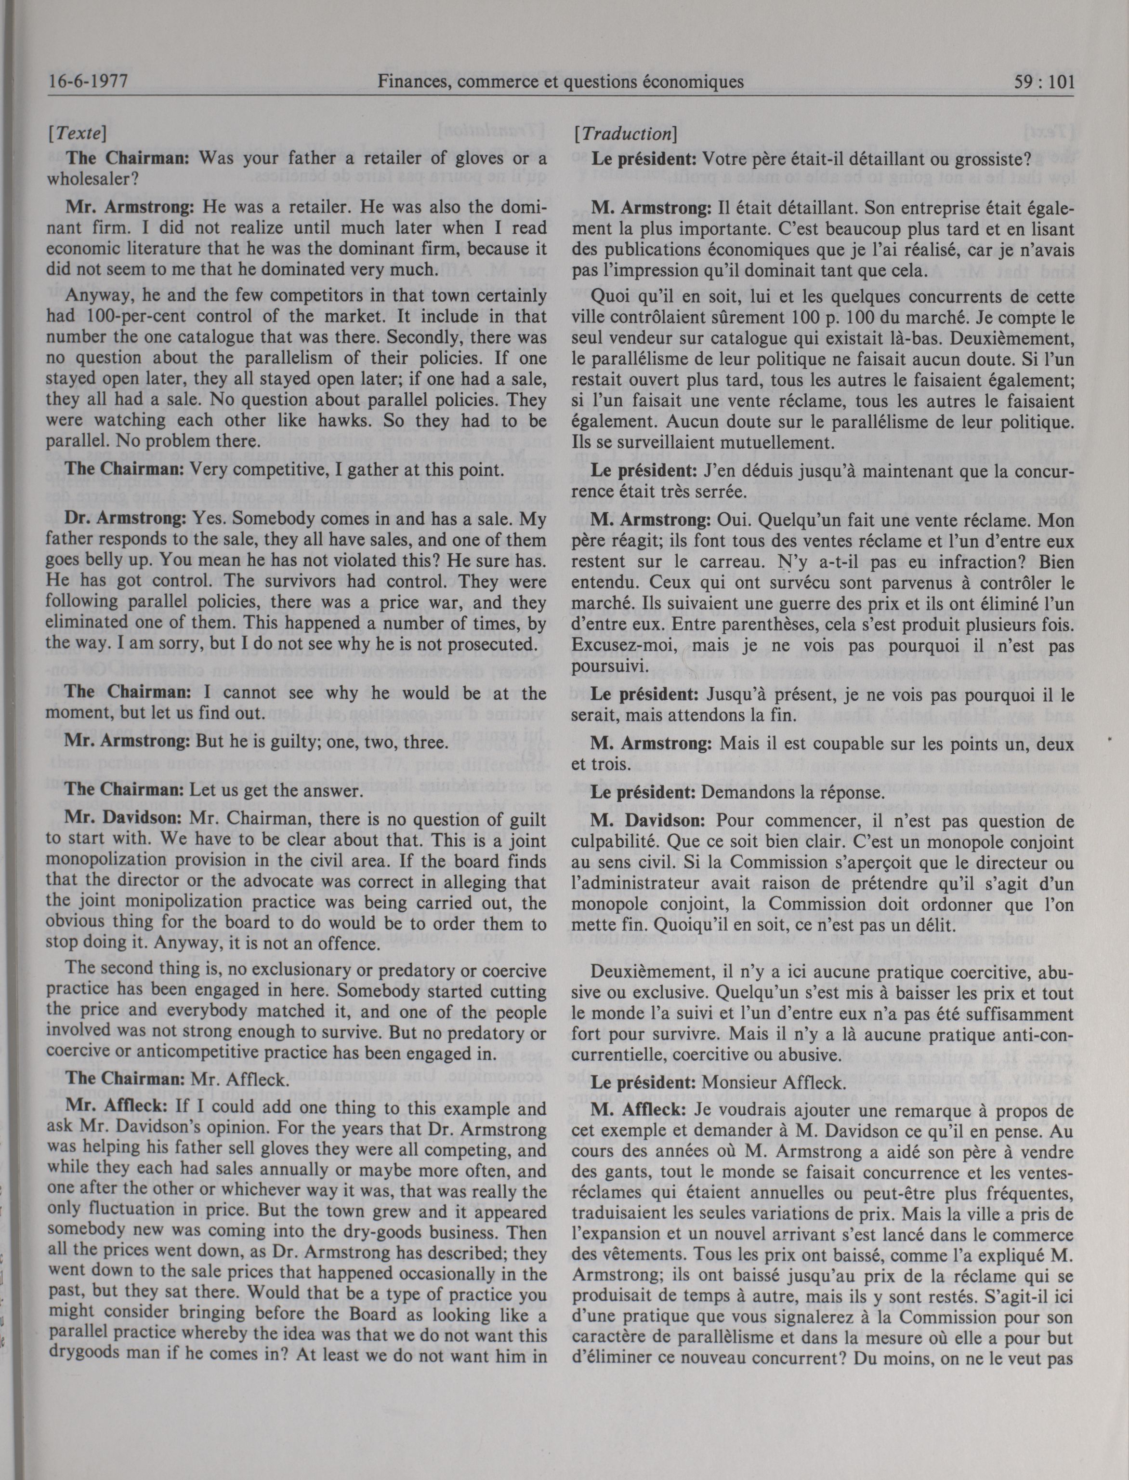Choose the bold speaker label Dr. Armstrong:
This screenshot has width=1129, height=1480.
pyautogui.click(x=126, y=520)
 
